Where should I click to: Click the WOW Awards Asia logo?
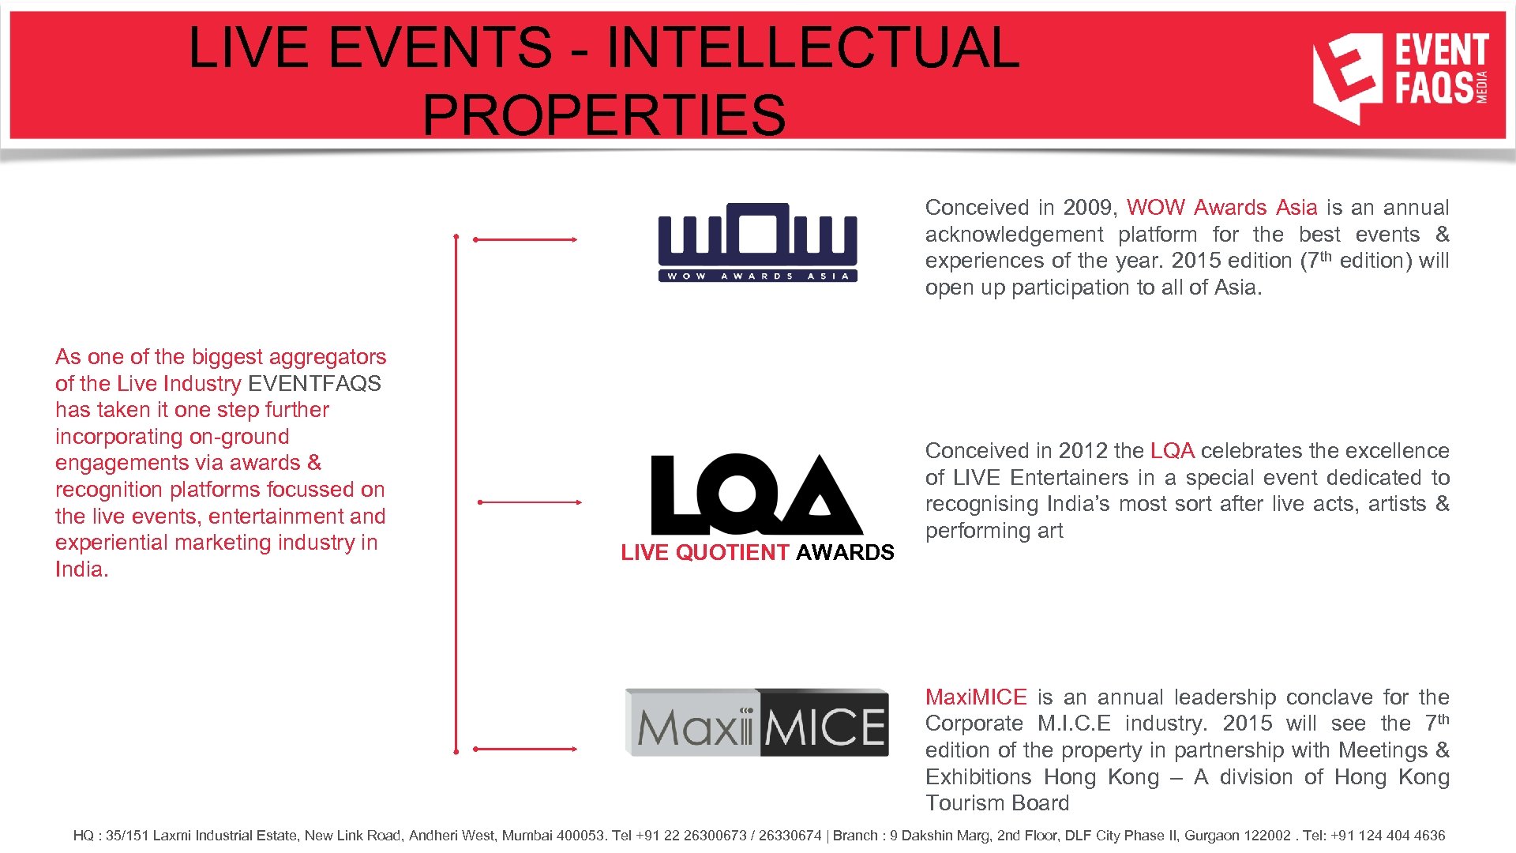tap(757, 242)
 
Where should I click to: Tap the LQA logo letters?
tap(756, 495)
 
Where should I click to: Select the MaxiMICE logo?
tap(756, 723)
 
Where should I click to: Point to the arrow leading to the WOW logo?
tap(525, 239)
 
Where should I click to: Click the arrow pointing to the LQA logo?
tap(530, 502)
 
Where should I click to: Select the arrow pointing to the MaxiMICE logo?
tap(525, 749)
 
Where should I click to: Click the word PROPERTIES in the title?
tap(604, 115)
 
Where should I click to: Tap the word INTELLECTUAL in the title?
tap(812, 47)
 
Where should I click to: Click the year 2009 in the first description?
tap(1086, 208)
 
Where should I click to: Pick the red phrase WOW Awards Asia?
tap(1221, 208)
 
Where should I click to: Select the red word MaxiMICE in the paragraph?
tap(976, 697)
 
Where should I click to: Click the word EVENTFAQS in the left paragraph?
tap(314, 384)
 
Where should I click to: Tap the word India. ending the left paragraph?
tap(81, 569)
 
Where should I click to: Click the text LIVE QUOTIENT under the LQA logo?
tap(704, 553)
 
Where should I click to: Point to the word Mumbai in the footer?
tap(527, 836)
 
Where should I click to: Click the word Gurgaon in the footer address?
tap(1209, 836)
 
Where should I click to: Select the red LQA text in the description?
tap(1172, 451)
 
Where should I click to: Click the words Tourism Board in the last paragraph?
tap(997, 803)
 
